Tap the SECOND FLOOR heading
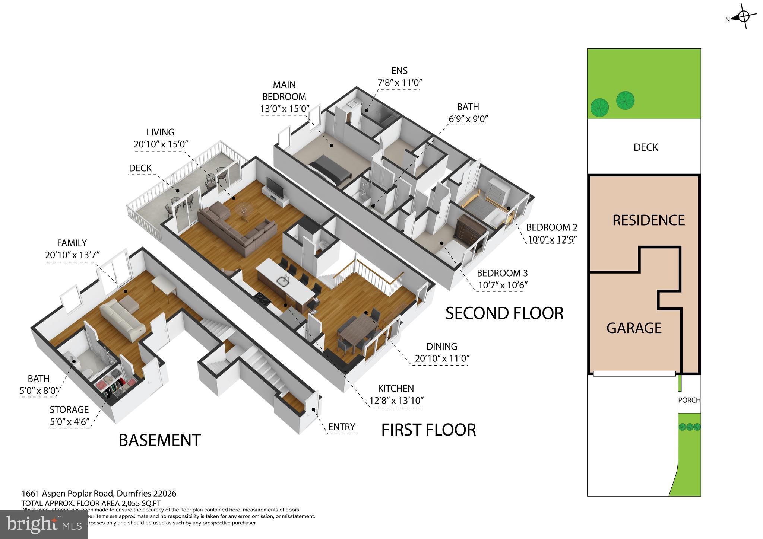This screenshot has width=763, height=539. (504, 313)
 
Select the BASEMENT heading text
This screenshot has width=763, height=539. (159, 440)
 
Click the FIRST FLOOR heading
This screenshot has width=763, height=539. (428, 430)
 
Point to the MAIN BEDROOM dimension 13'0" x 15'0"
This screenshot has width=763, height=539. (285, 109)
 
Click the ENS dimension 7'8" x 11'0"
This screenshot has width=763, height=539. (399, 83)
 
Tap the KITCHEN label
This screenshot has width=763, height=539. (396, 388)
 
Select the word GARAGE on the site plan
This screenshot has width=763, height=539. (634, 328)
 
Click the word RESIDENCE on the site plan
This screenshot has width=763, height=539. (648, 220)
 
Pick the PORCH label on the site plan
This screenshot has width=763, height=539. (689, 400)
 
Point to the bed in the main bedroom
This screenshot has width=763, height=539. (330, 171)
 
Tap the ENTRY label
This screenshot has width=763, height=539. (341, 427)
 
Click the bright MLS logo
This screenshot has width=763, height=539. (44, 524)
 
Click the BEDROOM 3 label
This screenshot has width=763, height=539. (502, 273)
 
